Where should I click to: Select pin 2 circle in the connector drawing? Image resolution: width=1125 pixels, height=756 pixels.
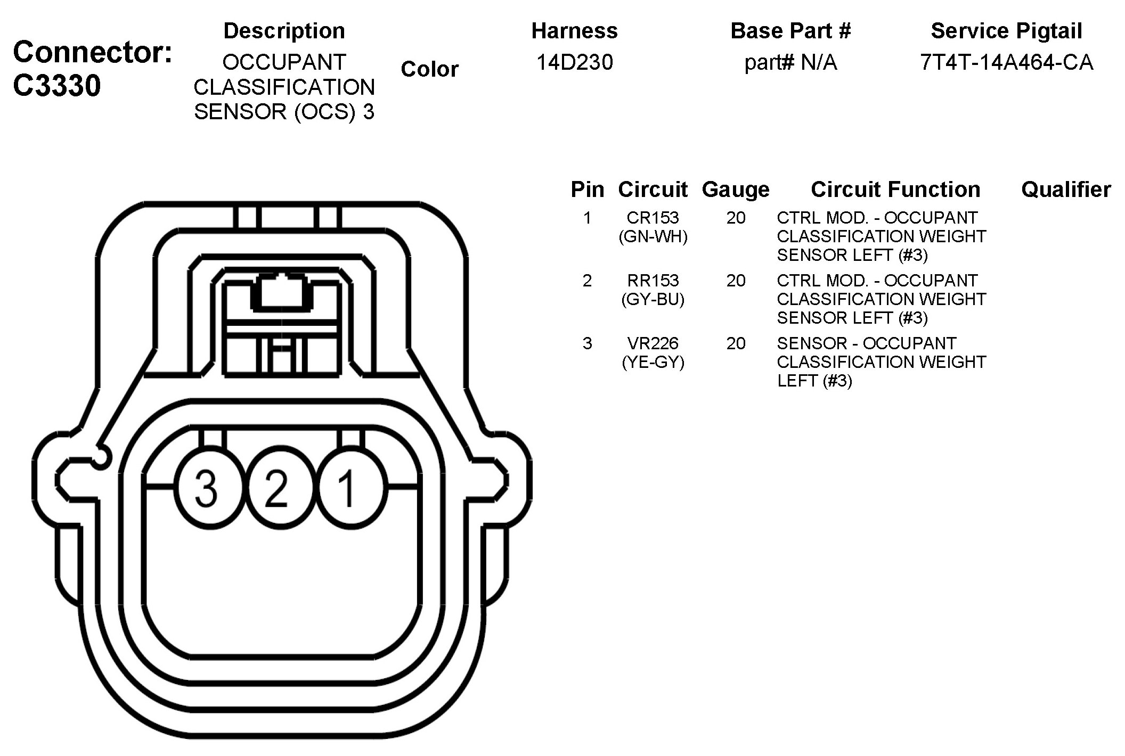point(276,488)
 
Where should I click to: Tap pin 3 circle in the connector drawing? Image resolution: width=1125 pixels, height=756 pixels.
point(207,488)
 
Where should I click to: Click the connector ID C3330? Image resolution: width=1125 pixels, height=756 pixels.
point(56,86)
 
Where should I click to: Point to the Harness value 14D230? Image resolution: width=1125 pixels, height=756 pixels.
point(574,63)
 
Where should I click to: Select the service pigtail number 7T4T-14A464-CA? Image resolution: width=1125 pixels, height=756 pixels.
point(1006,63)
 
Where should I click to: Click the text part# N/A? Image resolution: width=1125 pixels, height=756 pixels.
point(790,63)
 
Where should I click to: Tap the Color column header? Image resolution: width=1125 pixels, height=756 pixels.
point(429,69)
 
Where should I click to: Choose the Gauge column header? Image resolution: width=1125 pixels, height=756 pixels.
point(736,190)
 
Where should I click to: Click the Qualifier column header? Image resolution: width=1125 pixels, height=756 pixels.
point(1066,190)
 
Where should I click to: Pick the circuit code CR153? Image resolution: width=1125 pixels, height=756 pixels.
point(653,218)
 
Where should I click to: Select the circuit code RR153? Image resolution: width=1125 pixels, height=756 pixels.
point(653,281)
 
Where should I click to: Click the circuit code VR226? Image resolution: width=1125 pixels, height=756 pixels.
point(653,343)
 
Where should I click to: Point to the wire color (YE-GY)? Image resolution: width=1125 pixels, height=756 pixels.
point(653,363)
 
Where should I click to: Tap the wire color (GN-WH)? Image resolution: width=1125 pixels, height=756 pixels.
point(653,237)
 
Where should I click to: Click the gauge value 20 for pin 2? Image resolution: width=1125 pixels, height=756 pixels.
point(736,281)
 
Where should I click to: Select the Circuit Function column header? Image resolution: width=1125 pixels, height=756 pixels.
point(895,190)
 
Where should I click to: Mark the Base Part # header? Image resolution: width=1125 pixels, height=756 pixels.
point(790,31)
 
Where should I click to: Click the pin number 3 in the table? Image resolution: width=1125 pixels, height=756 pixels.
point(587,343)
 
